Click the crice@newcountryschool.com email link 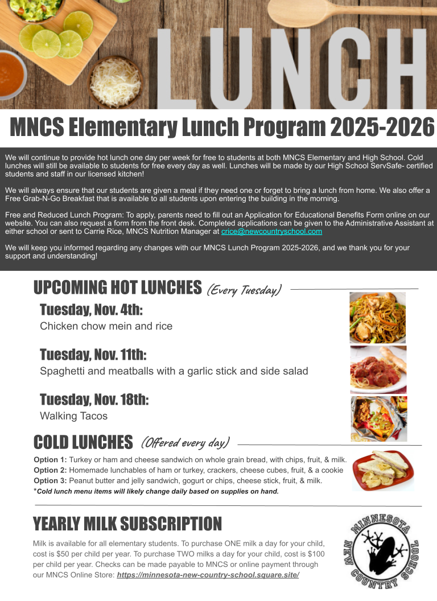(x=271, y=232)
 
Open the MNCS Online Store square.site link (x=208, y=575)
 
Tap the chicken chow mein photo (x=377, y=318)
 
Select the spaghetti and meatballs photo (x=378, y=369)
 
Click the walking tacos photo (x=378, y=419)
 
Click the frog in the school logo (x=380, y=549)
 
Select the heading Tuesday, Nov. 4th (x=91, y=310)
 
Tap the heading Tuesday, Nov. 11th (x=93, y=355)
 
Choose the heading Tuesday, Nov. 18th (x=94, y=400)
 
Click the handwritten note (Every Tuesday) (x=244, y=290)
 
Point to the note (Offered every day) (x=185, y=442)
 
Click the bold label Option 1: (x=50, y=460)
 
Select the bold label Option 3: (x=50, y=480)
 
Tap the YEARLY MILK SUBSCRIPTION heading (x=127, y=524)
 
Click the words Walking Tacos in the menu (x=73, y=416)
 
